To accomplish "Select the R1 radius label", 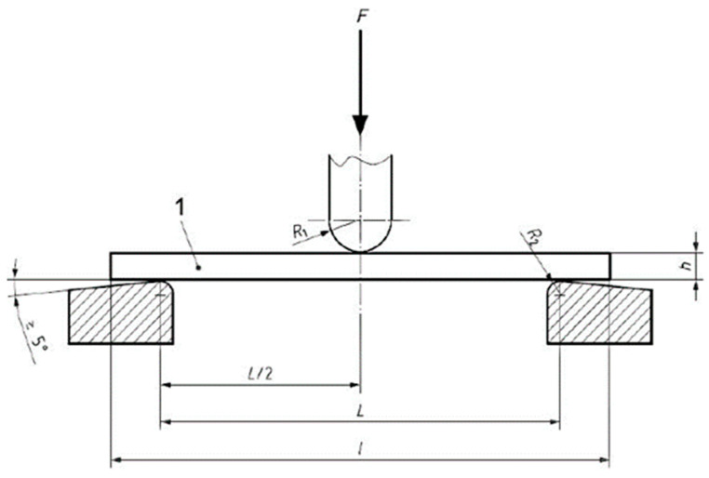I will tap(300, 231).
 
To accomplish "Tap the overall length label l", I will tap(361, 448).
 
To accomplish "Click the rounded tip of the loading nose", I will tap(360, 250).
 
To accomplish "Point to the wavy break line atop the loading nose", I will tap(361, 160).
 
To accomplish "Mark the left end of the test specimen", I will tap(112, 265).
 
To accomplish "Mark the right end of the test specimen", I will tap(610, 265).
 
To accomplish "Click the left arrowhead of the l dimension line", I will tap(116, 458).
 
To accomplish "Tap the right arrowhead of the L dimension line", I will tap(555, 422).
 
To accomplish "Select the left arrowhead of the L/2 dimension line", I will tap(167, 384).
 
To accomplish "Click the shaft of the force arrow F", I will tap(360, 74).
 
